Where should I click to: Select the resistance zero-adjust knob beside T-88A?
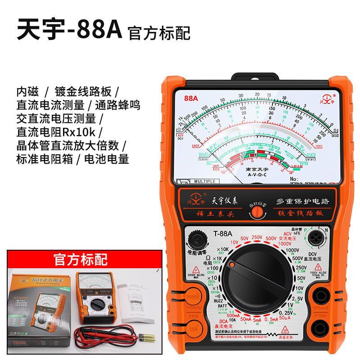[x=197, y=238]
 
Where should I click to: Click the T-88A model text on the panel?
[x=223, y=234]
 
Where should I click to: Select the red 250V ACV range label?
[x=257, y=237]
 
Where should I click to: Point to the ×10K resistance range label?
[x=210, y=249]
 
